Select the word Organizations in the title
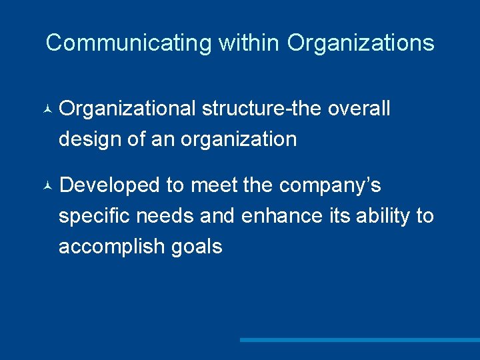pyautogui.click(x=361, y=43)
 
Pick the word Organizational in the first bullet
pyautogui.click(x=127, y=109)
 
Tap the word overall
pyautogui.click(x=359, y=109)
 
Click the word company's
pyautogui.click(x=330, y=185)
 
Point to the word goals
pyautogui.click(x=197, y=247)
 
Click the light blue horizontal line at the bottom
pyautogui.click(x=359, y=340)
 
